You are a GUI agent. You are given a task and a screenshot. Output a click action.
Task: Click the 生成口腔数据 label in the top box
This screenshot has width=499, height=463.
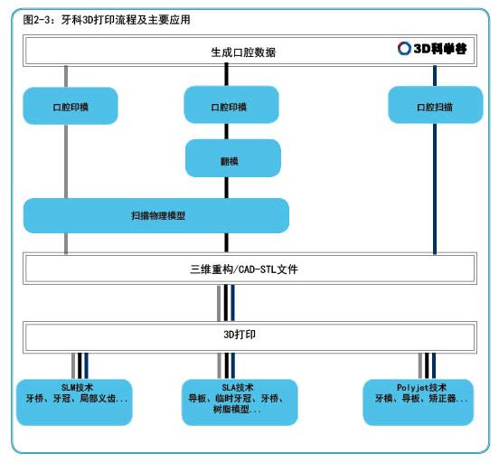tap(243, 52)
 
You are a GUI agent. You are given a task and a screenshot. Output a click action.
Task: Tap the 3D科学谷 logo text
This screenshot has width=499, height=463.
tap(440, 49)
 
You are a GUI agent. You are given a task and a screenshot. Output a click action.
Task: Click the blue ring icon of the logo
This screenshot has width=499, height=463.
tap(404, 49)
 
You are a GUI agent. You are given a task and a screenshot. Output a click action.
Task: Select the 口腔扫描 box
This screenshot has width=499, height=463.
tap(436, 105)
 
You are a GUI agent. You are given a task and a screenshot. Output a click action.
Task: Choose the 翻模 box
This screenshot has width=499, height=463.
tap(233, 158)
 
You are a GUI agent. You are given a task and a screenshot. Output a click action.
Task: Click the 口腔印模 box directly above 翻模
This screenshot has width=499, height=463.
tap(231, 105)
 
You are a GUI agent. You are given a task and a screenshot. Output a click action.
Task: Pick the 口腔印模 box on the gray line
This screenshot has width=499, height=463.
tap(71, 106)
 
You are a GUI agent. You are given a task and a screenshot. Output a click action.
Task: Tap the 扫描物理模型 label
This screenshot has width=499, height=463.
tap(158, 215)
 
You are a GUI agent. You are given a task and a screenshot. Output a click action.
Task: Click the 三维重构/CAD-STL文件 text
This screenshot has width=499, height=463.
tap(244, 269)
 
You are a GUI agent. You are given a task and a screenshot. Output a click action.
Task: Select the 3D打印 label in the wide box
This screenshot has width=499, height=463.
tap(240, 335)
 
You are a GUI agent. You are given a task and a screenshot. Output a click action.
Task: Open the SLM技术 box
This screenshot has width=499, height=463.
tap(74, 402)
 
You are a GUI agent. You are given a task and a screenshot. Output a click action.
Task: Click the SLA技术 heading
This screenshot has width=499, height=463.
tap(238, 388)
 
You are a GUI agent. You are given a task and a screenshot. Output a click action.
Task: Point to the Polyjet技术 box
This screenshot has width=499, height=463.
tap(419, 402)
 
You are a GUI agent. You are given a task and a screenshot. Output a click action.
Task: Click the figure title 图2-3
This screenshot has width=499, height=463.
tap(37, 20)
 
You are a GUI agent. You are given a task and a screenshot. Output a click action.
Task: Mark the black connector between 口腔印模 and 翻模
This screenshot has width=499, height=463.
tap(227, 131)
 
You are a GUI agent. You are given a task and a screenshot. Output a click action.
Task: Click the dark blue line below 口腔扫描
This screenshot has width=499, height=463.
tap(435, 188)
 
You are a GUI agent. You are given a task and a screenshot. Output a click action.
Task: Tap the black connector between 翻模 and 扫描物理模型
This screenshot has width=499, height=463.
tap(227, 187)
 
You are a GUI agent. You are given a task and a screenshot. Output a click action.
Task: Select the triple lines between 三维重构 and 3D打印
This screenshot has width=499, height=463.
tap(226, 303)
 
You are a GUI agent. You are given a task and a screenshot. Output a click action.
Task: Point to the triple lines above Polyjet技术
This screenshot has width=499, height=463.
tap(427, 366)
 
